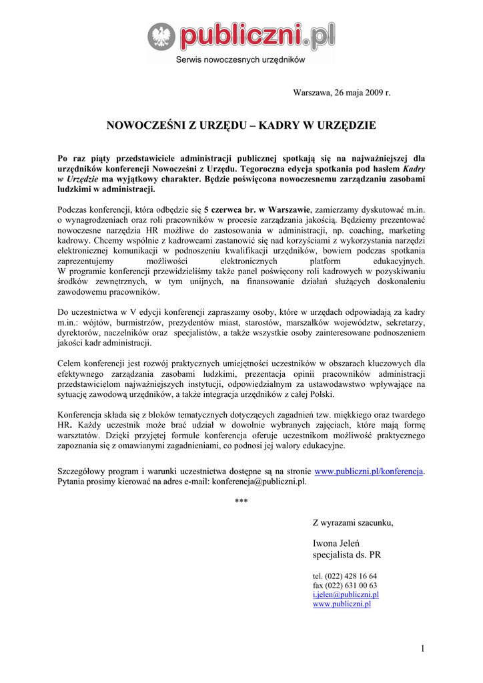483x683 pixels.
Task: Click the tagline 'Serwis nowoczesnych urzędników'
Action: click(240, 59)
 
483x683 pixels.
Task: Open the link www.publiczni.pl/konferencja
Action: click(369, 471)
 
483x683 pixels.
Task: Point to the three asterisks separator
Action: click(241, 501)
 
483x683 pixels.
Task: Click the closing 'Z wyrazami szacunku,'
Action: click(353, 522)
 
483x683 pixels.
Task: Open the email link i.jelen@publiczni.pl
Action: click(346, 594)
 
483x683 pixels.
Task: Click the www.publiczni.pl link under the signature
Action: click(342, 604)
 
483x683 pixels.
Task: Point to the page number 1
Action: click(423, 648)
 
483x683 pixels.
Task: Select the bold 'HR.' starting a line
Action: click(65, 424)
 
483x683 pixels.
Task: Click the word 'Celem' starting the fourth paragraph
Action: click(70, 364)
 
